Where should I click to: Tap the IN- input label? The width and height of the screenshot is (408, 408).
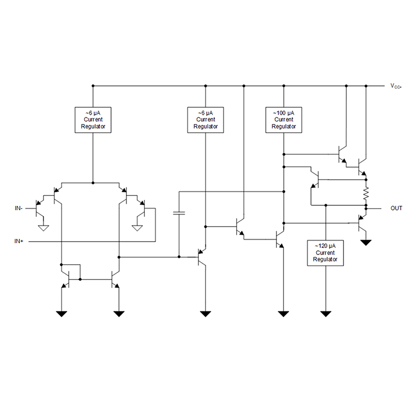tap(19, 208)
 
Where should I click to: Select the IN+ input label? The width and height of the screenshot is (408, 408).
tap(19, 241)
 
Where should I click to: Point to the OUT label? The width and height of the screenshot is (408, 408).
tap(396, 208)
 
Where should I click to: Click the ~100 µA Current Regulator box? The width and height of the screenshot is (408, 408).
tap(284, 119)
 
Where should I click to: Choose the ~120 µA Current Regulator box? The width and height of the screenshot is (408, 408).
tap(325, 252)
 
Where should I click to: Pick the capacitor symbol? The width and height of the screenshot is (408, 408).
tap(179, 213)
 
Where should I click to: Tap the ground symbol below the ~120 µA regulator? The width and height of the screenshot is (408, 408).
tap(325, 313)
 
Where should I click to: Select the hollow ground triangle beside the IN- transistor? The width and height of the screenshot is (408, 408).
tap(44, 227)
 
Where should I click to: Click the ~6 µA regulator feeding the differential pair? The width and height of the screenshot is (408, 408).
tap(92, 119)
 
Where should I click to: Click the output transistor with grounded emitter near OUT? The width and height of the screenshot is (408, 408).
tap(362, 222)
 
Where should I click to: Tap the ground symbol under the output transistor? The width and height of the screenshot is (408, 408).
tap(366, 242)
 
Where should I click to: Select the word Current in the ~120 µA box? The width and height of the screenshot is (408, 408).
tap(325, 252)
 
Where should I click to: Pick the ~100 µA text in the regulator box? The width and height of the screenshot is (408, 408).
tap(284, 112)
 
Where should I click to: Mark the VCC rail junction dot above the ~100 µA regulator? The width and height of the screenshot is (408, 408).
tap(284, 86)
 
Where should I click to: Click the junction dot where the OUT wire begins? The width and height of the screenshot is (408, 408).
tap(366, 208)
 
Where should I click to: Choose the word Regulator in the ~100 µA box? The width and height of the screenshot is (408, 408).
tap(284, 126)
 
